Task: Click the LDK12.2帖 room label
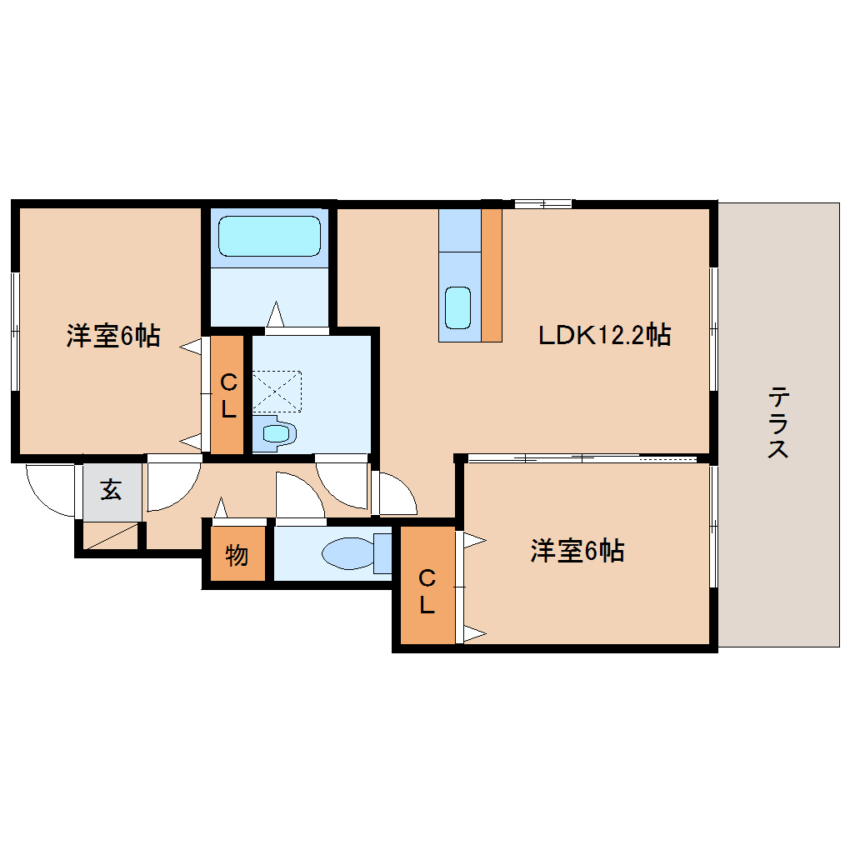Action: (604, 335)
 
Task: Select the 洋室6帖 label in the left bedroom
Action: (113, 336)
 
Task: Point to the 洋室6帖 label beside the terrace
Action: (577, 551)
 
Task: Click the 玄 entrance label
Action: (112, 490)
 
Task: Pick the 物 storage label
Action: (237, 554)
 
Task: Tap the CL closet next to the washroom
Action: (227, 395)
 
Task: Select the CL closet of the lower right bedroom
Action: (427, 590)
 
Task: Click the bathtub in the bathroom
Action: (269, 237)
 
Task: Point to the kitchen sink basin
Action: (457, 307)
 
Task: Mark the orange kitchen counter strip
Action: (492, 274)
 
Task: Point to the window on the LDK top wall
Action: (542, 202)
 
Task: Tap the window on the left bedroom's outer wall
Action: (14, 331)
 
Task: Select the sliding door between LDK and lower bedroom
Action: (582, 457)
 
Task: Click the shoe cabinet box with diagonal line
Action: (110, 536)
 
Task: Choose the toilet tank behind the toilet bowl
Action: (382, 553)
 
